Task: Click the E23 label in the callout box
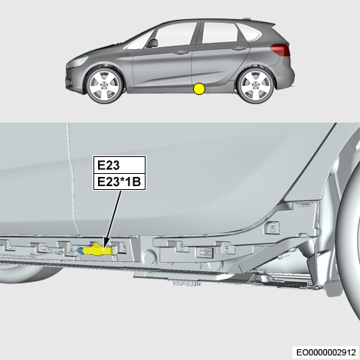point(109,165)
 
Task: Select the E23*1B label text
point(119,182)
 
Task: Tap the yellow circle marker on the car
point(199,89)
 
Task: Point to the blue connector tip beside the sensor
point(80,250)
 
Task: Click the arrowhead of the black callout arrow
point(106,244)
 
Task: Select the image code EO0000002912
point(326,352)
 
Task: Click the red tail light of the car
point(280,50)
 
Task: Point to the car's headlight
point(77,61)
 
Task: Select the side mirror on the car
point(152,43)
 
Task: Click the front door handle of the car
point(181,52)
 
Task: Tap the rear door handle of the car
point(239,48)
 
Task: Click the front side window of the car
point(173,35)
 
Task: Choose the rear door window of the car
point(219,33)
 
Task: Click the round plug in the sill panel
point(149,255)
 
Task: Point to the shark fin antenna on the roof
point(247,18)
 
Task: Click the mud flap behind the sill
point(332,288)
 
